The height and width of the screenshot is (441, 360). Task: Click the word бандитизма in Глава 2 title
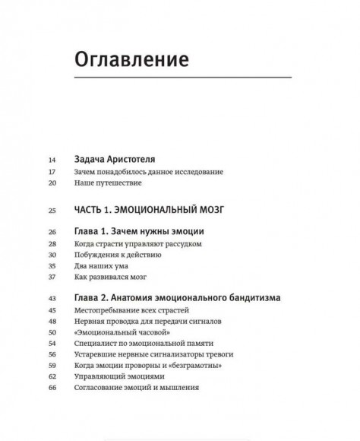(x=248, y=298)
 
